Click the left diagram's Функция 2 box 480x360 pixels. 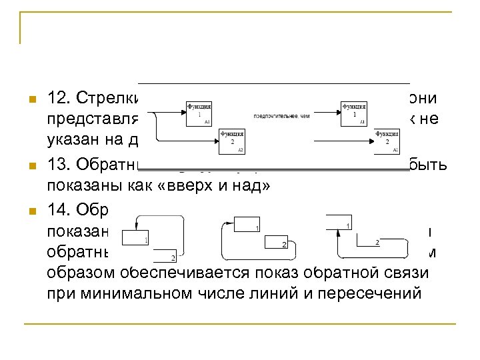pyautogui.click(x=231, y=141)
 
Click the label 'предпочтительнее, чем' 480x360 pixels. pyautogui.click(x=281, y=115)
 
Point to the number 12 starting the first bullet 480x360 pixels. pyautogui.click(x=57, y=99)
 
